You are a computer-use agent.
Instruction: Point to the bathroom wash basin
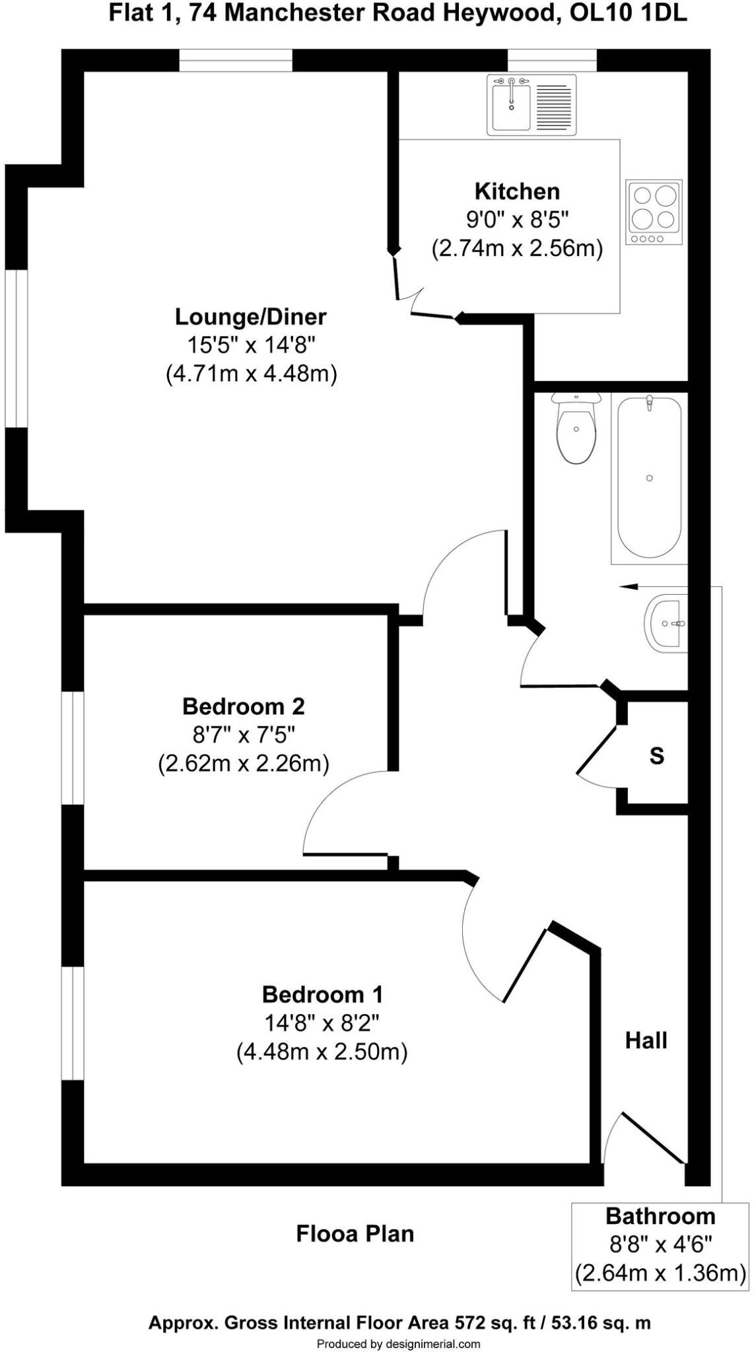[667, 623]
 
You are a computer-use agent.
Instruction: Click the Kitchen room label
[517, 191]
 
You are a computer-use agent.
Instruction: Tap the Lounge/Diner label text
[250, 317]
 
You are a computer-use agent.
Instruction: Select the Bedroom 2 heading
[243, 706]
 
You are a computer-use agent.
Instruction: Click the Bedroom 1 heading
[322, 994]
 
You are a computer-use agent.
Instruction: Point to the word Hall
[646, 1041]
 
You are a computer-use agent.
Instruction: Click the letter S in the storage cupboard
[656, 755]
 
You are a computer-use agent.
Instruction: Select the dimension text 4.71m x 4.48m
[251, 374]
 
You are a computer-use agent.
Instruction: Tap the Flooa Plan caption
[355, 1233]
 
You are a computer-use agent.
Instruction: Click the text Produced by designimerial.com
[398, 1343]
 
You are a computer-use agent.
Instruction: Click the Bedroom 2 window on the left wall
[73, 747]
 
